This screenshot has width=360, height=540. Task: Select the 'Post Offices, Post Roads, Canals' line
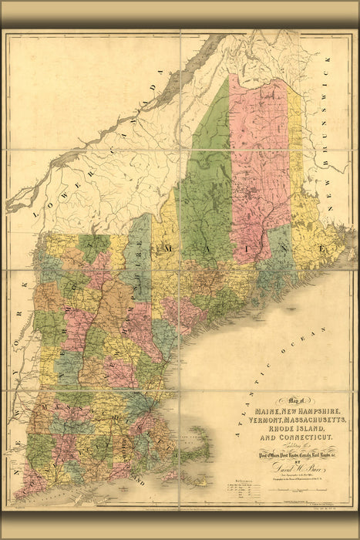tap(285, 454)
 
